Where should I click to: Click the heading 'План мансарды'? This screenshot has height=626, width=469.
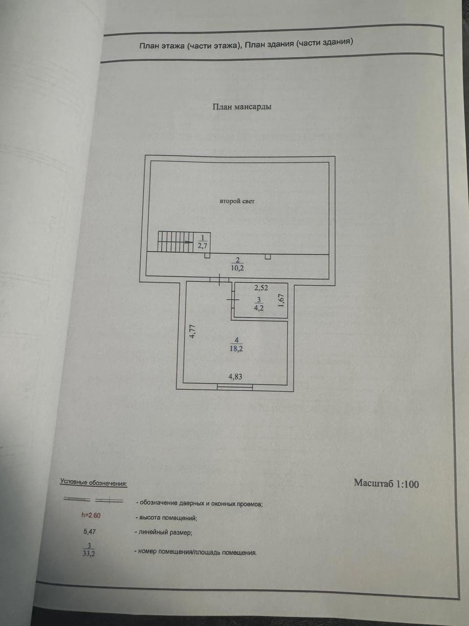pyautogui.click(x=242, y=107)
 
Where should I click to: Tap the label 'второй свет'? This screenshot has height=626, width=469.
pyautogui.click(x=237, y=201)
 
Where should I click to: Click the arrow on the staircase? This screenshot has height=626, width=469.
pyautogui.click(x=188, y=242)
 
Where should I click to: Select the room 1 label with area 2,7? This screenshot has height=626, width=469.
pyautogui.click(x=202, y=242)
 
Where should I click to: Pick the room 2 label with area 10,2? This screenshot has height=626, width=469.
pyautogui.click(x=237, y=264)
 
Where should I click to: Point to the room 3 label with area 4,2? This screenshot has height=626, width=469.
pyautogui.click(x=258, y=304)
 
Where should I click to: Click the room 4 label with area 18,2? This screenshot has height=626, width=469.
pyautogui.click(x=236, y=344)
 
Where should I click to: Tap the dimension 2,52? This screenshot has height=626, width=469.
pyautogui.click(x=261, y=288)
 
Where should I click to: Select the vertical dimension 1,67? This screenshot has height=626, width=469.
pyautogui.click(x=281, y=300)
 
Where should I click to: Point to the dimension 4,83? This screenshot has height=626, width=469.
pyautogui.click(x=235, y=377)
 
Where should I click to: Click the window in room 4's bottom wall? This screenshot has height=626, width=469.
pyautogui.click(x=235, y=387)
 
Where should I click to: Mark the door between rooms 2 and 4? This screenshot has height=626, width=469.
pyautogui.click(x=219, y=279)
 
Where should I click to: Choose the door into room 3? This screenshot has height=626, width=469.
pyautogui.click(x=233, y=300)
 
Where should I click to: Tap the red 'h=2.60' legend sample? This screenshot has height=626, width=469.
pyautogui.click(x=91, y=515)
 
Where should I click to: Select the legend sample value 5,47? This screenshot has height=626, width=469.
pyautogui.click(x=89, y=532)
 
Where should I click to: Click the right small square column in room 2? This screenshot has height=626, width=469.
pyautogui.click(x=268, y=257)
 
